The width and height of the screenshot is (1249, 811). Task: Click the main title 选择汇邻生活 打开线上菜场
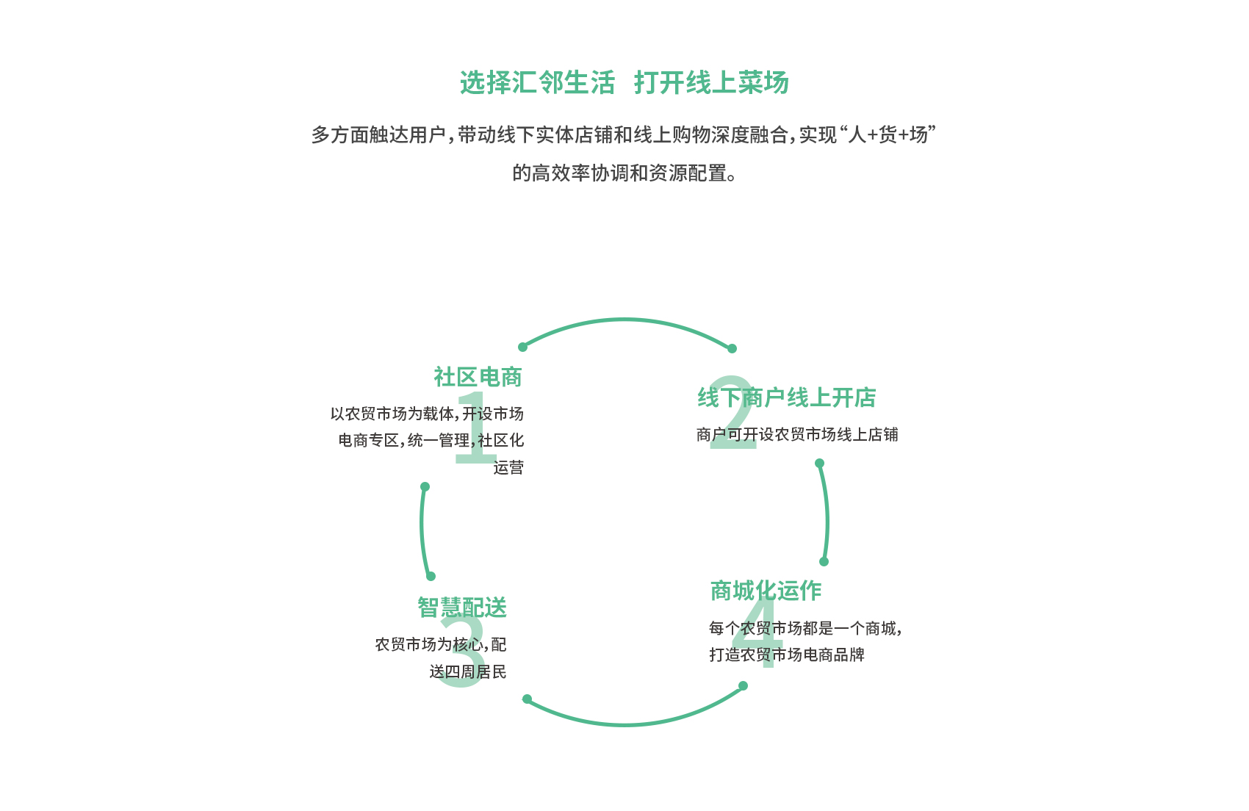pyautogui.click(x=624, y=82)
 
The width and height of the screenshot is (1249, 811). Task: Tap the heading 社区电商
pyautogui.click(x=478, y=378)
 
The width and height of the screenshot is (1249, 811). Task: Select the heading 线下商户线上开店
pyautogui.click(x=786, y=398)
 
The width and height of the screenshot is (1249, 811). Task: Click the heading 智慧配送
pyautogui.click(x=462, y=608)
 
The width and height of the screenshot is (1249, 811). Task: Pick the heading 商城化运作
pyautogui.click(x=766, y=591)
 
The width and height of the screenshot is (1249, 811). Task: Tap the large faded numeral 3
pyautogui.click(x=462, y=651)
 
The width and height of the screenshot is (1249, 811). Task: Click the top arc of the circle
pyautogui.click(x=625, y=320)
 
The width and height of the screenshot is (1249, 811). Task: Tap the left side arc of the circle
pyautogui.click(x=422, y=530)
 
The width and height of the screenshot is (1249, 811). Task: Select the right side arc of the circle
pyautogui.click(x=827, y=513)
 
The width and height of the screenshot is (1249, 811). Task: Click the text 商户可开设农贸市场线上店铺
pyautogui.click(x=797, y=435)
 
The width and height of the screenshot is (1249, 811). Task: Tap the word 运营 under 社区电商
pyautogui.click(x=508, y=468)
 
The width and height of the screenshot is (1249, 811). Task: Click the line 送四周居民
pyautogui.click(x=468, y=671)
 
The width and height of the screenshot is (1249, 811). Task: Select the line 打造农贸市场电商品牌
pyautogui.click(x=787, y=655)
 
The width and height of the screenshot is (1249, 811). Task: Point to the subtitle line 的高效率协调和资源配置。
pyautogui.click(x=624, y=173)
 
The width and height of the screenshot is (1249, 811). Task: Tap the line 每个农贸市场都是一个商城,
pyautogui.click(x=806, y=629)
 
